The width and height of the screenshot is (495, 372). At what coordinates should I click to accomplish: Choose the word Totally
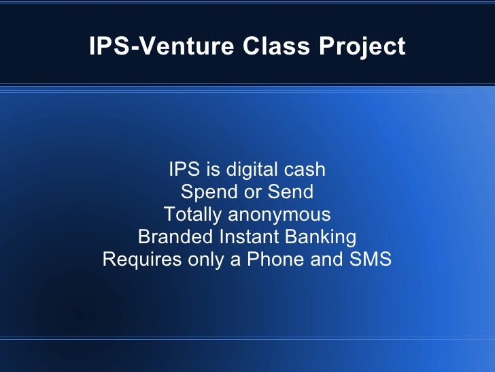pos(192,215)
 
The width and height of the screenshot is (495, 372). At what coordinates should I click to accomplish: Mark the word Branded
pos(175,237)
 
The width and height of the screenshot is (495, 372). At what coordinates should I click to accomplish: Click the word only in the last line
pos(203,260)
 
